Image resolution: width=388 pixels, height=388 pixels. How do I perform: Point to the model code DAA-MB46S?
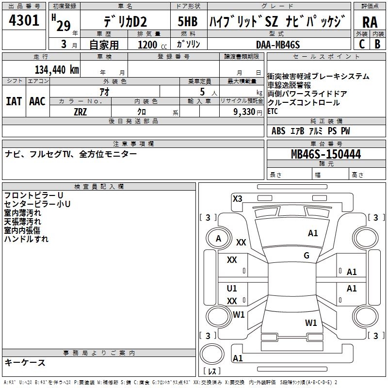click(278, 44)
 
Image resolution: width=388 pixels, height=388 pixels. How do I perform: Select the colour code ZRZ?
click(81, 111)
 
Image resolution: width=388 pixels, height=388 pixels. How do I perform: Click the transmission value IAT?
click(14, 101)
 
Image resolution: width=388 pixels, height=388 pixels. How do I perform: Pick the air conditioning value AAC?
click(37, 101)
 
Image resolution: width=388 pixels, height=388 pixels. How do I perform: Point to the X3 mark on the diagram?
click(237, 198)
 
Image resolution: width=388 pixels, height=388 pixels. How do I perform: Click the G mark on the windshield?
click(307, 256)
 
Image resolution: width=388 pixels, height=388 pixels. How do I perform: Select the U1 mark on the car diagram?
click(232, 289)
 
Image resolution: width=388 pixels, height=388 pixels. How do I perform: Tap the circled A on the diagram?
click(218, 238)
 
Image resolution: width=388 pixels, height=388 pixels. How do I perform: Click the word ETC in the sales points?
click(273, 111)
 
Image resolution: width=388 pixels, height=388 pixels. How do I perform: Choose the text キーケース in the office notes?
click(25, 362)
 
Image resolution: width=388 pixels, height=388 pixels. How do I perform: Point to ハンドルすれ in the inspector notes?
click(26, 239)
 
